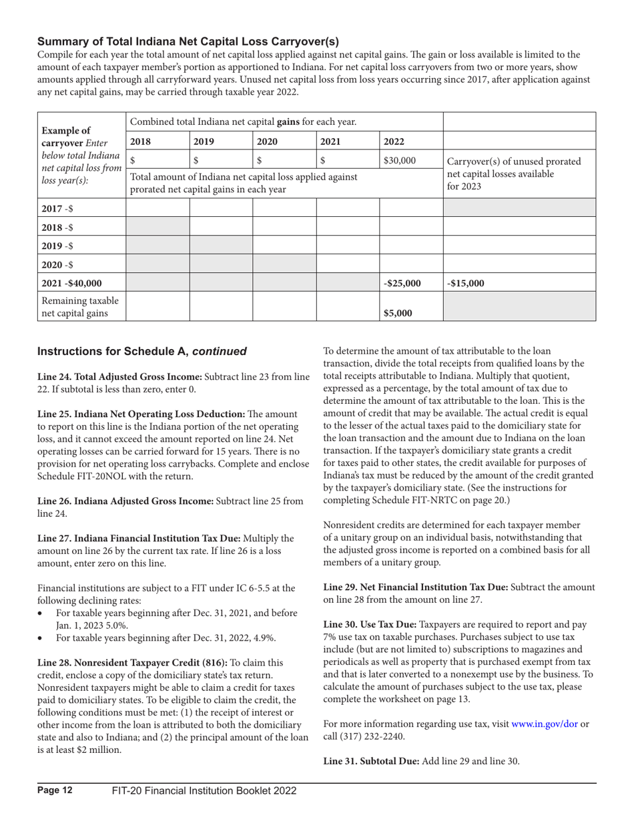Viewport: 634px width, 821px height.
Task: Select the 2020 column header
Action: coord(268,142)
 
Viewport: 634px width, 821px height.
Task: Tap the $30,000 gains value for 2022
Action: coord(398,161)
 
